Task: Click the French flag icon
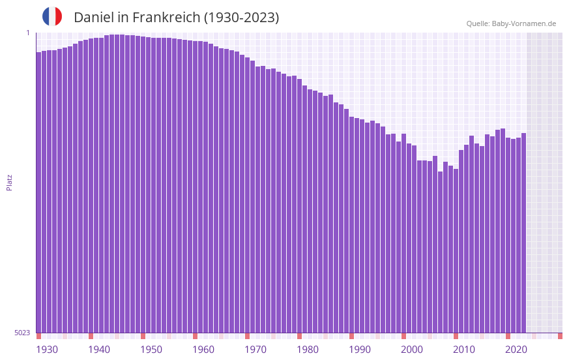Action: click(52, 17)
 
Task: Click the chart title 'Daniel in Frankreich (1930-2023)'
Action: click(176, 18)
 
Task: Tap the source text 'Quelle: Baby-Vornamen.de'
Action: click(511, 23)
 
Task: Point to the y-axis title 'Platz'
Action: click(9, 182)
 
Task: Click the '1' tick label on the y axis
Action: click(28, 33)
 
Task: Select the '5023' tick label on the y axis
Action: click(22, 333)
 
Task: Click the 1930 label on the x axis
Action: click(47, 350)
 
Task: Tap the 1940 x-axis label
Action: click(99, 350)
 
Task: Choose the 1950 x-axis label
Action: click(151, 350)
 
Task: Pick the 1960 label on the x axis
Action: click(203, 350)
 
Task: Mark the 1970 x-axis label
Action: click(255, 350)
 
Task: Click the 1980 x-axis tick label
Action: click(308, 350)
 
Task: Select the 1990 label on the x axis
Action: click(360, 350)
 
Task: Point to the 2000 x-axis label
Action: click(412, 350)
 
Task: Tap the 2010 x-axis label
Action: click(464, 350)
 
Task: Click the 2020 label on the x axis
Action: click(516, 350)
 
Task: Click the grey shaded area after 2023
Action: click(544, 183)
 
